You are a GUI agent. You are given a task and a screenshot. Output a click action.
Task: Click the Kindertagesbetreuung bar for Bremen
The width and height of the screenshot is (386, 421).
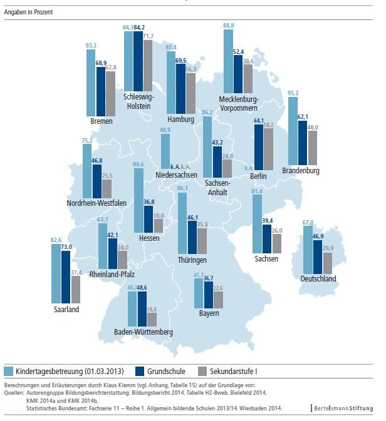[91, 83]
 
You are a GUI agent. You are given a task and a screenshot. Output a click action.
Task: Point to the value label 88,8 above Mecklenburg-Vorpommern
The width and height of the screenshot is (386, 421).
[229, 25]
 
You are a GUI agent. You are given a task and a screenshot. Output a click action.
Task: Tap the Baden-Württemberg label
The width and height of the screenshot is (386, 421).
[143, 332]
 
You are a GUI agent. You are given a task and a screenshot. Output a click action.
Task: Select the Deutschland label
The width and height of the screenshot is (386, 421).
[318, 279]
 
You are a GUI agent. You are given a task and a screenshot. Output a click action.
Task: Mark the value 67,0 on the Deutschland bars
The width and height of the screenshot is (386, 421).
[307, 223]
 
